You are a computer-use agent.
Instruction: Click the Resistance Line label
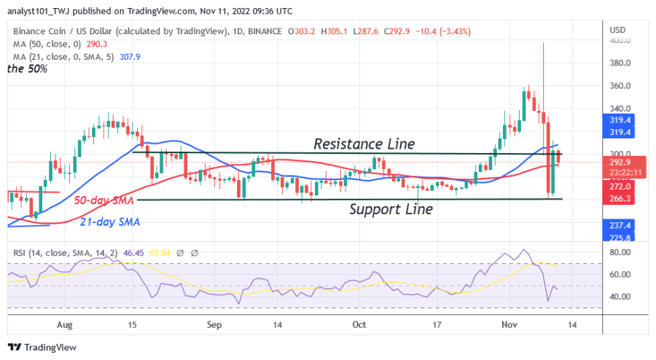pos(364,144)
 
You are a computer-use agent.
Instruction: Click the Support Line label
pos(391,209)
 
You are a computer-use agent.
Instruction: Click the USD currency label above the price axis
pos(617,30)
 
